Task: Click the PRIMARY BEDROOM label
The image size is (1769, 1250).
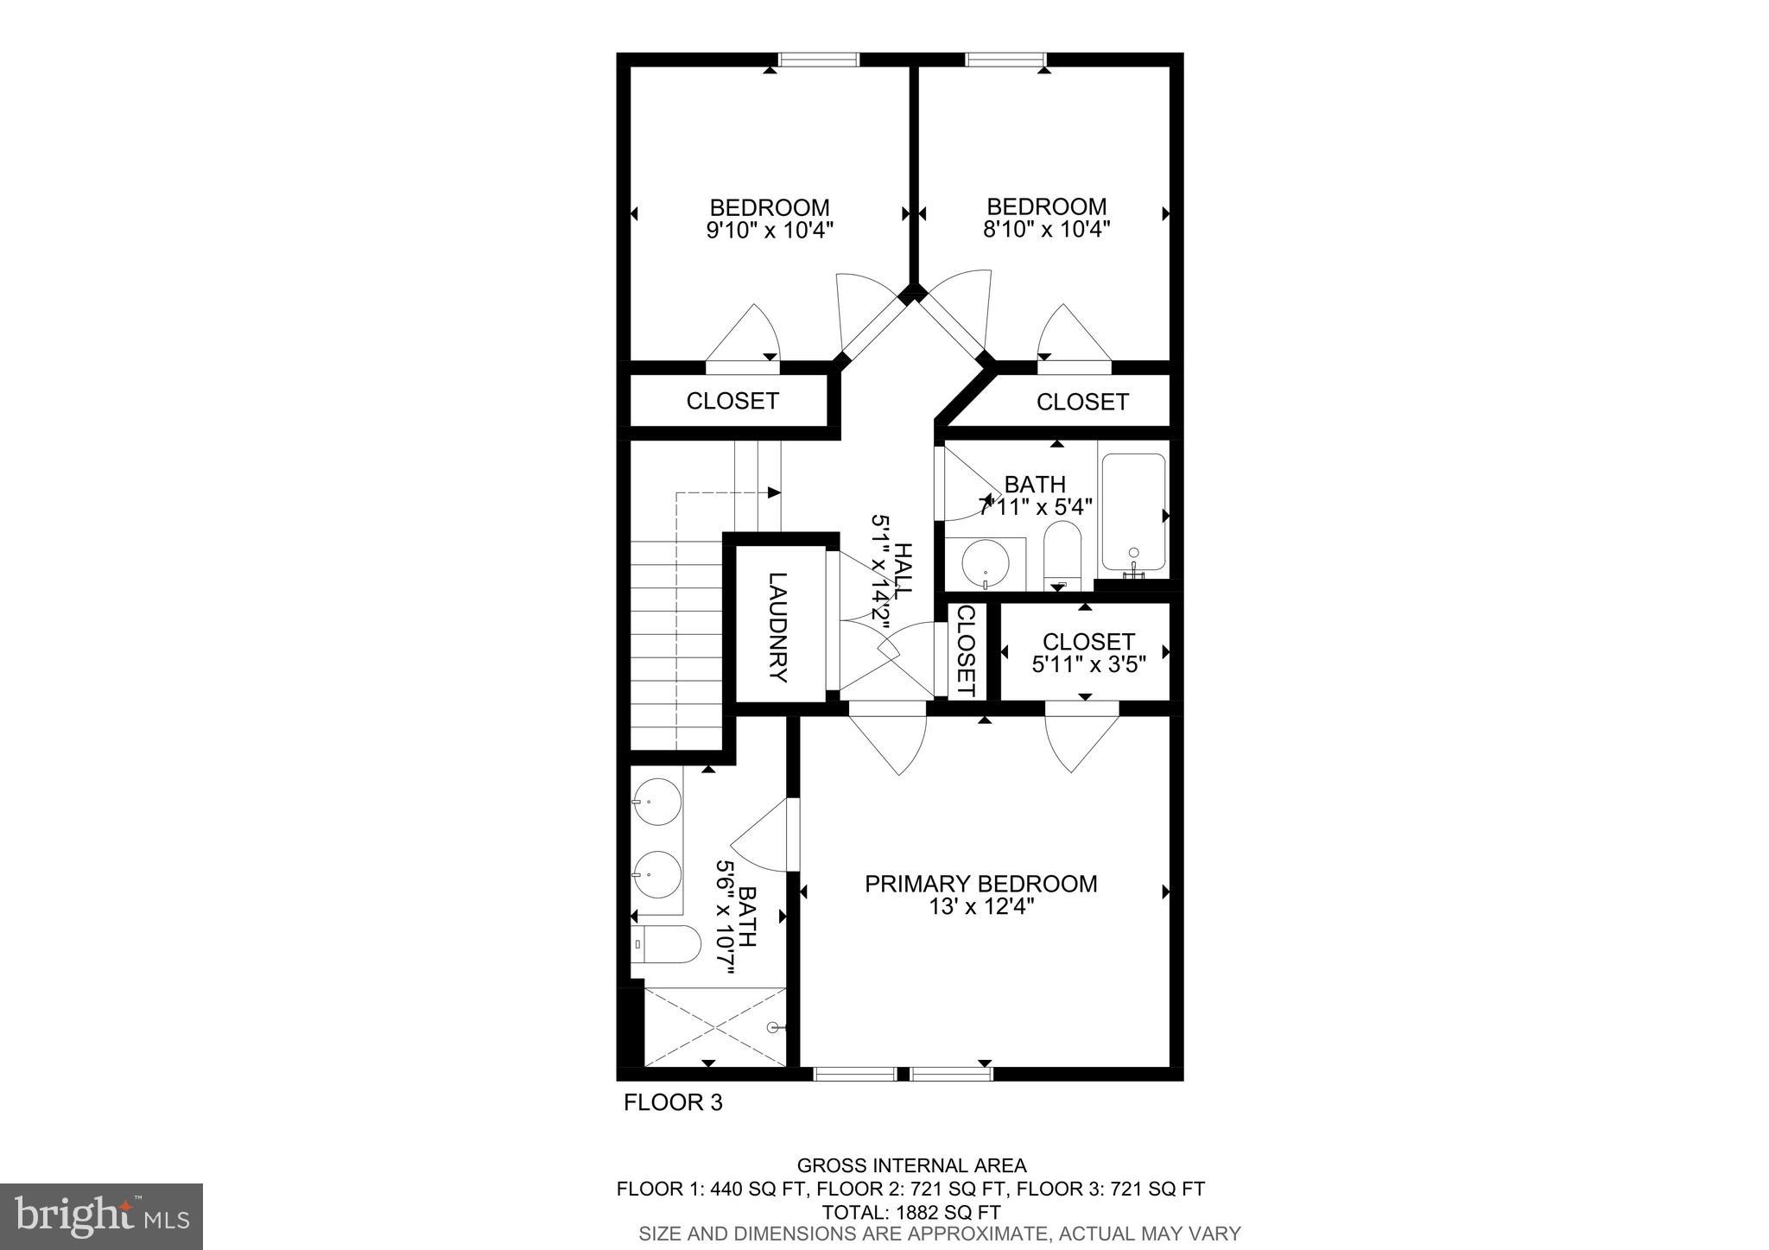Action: pyautogui.click(x=980, y=884)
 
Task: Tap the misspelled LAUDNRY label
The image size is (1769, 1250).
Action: pyautogui.click(x=778, y=627)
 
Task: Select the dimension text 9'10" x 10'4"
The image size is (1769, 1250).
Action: pyautogui.click(x=770, y=230)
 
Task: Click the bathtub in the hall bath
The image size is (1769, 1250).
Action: pyautogui.click(x=1133, y=513)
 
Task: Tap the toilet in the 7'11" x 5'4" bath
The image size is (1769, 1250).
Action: pyautogui.click(x=1062, y=551)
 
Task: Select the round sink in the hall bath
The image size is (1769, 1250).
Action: pyautogui.click(x=985, y=562)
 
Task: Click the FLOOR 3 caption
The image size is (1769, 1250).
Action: pyautogui.click(x=673, y=1102)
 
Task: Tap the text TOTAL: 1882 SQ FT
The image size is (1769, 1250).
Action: pyautogui.click(x=910, y=1211)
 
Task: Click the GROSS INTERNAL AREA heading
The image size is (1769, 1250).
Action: pyautogui.click(x=911, y=1166)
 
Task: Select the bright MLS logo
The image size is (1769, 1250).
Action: pyautogui.click(x=102, y=1216)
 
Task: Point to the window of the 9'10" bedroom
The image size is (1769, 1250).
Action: pyautogui.click(x=818, y=60)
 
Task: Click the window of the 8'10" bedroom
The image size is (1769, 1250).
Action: pyautogui.click(x=1005, y=60)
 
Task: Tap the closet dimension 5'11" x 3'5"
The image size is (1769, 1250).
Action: pyautogui.click(x=1088, y=664)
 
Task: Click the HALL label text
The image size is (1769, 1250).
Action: pyautogui.click(x=904, y=570)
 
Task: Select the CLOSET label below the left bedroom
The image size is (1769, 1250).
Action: pyautogui.click(x=732, y=401)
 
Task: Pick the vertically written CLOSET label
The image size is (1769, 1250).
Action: pyautogui.click(x=966, y=650)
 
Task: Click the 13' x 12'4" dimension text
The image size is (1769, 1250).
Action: pyautogui.click(x=980, y=906)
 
